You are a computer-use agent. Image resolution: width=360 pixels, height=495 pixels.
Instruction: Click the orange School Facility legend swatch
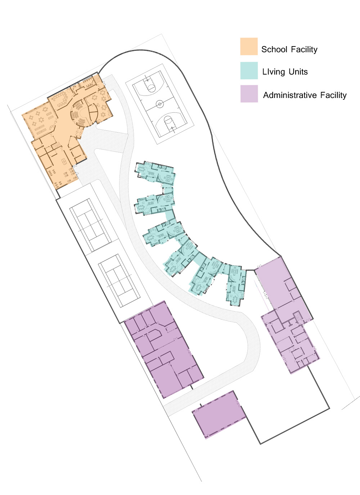(249, 46)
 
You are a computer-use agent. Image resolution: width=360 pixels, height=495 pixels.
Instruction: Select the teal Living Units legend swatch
(249, 71)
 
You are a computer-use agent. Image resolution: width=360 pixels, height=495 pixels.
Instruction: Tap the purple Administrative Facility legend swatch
(249, 94)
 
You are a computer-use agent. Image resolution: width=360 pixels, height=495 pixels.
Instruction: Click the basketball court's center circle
(160, 104)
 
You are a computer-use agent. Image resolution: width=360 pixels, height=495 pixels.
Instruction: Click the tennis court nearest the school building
(91, 225)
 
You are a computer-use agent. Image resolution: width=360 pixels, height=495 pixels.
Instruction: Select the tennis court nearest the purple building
(119, 281)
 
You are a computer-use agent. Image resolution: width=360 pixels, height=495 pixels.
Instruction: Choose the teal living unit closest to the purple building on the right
(236, 285)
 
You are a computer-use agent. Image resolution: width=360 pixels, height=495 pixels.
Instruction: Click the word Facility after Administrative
(333, 95)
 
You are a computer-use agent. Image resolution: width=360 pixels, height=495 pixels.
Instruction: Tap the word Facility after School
(304, 49)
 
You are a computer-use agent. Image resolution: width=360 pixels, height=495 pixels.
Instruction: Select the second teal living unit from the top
(154, 204)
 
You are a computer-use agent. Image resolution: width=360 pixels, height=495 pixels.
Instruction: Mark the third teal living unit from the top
(163, 233)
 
